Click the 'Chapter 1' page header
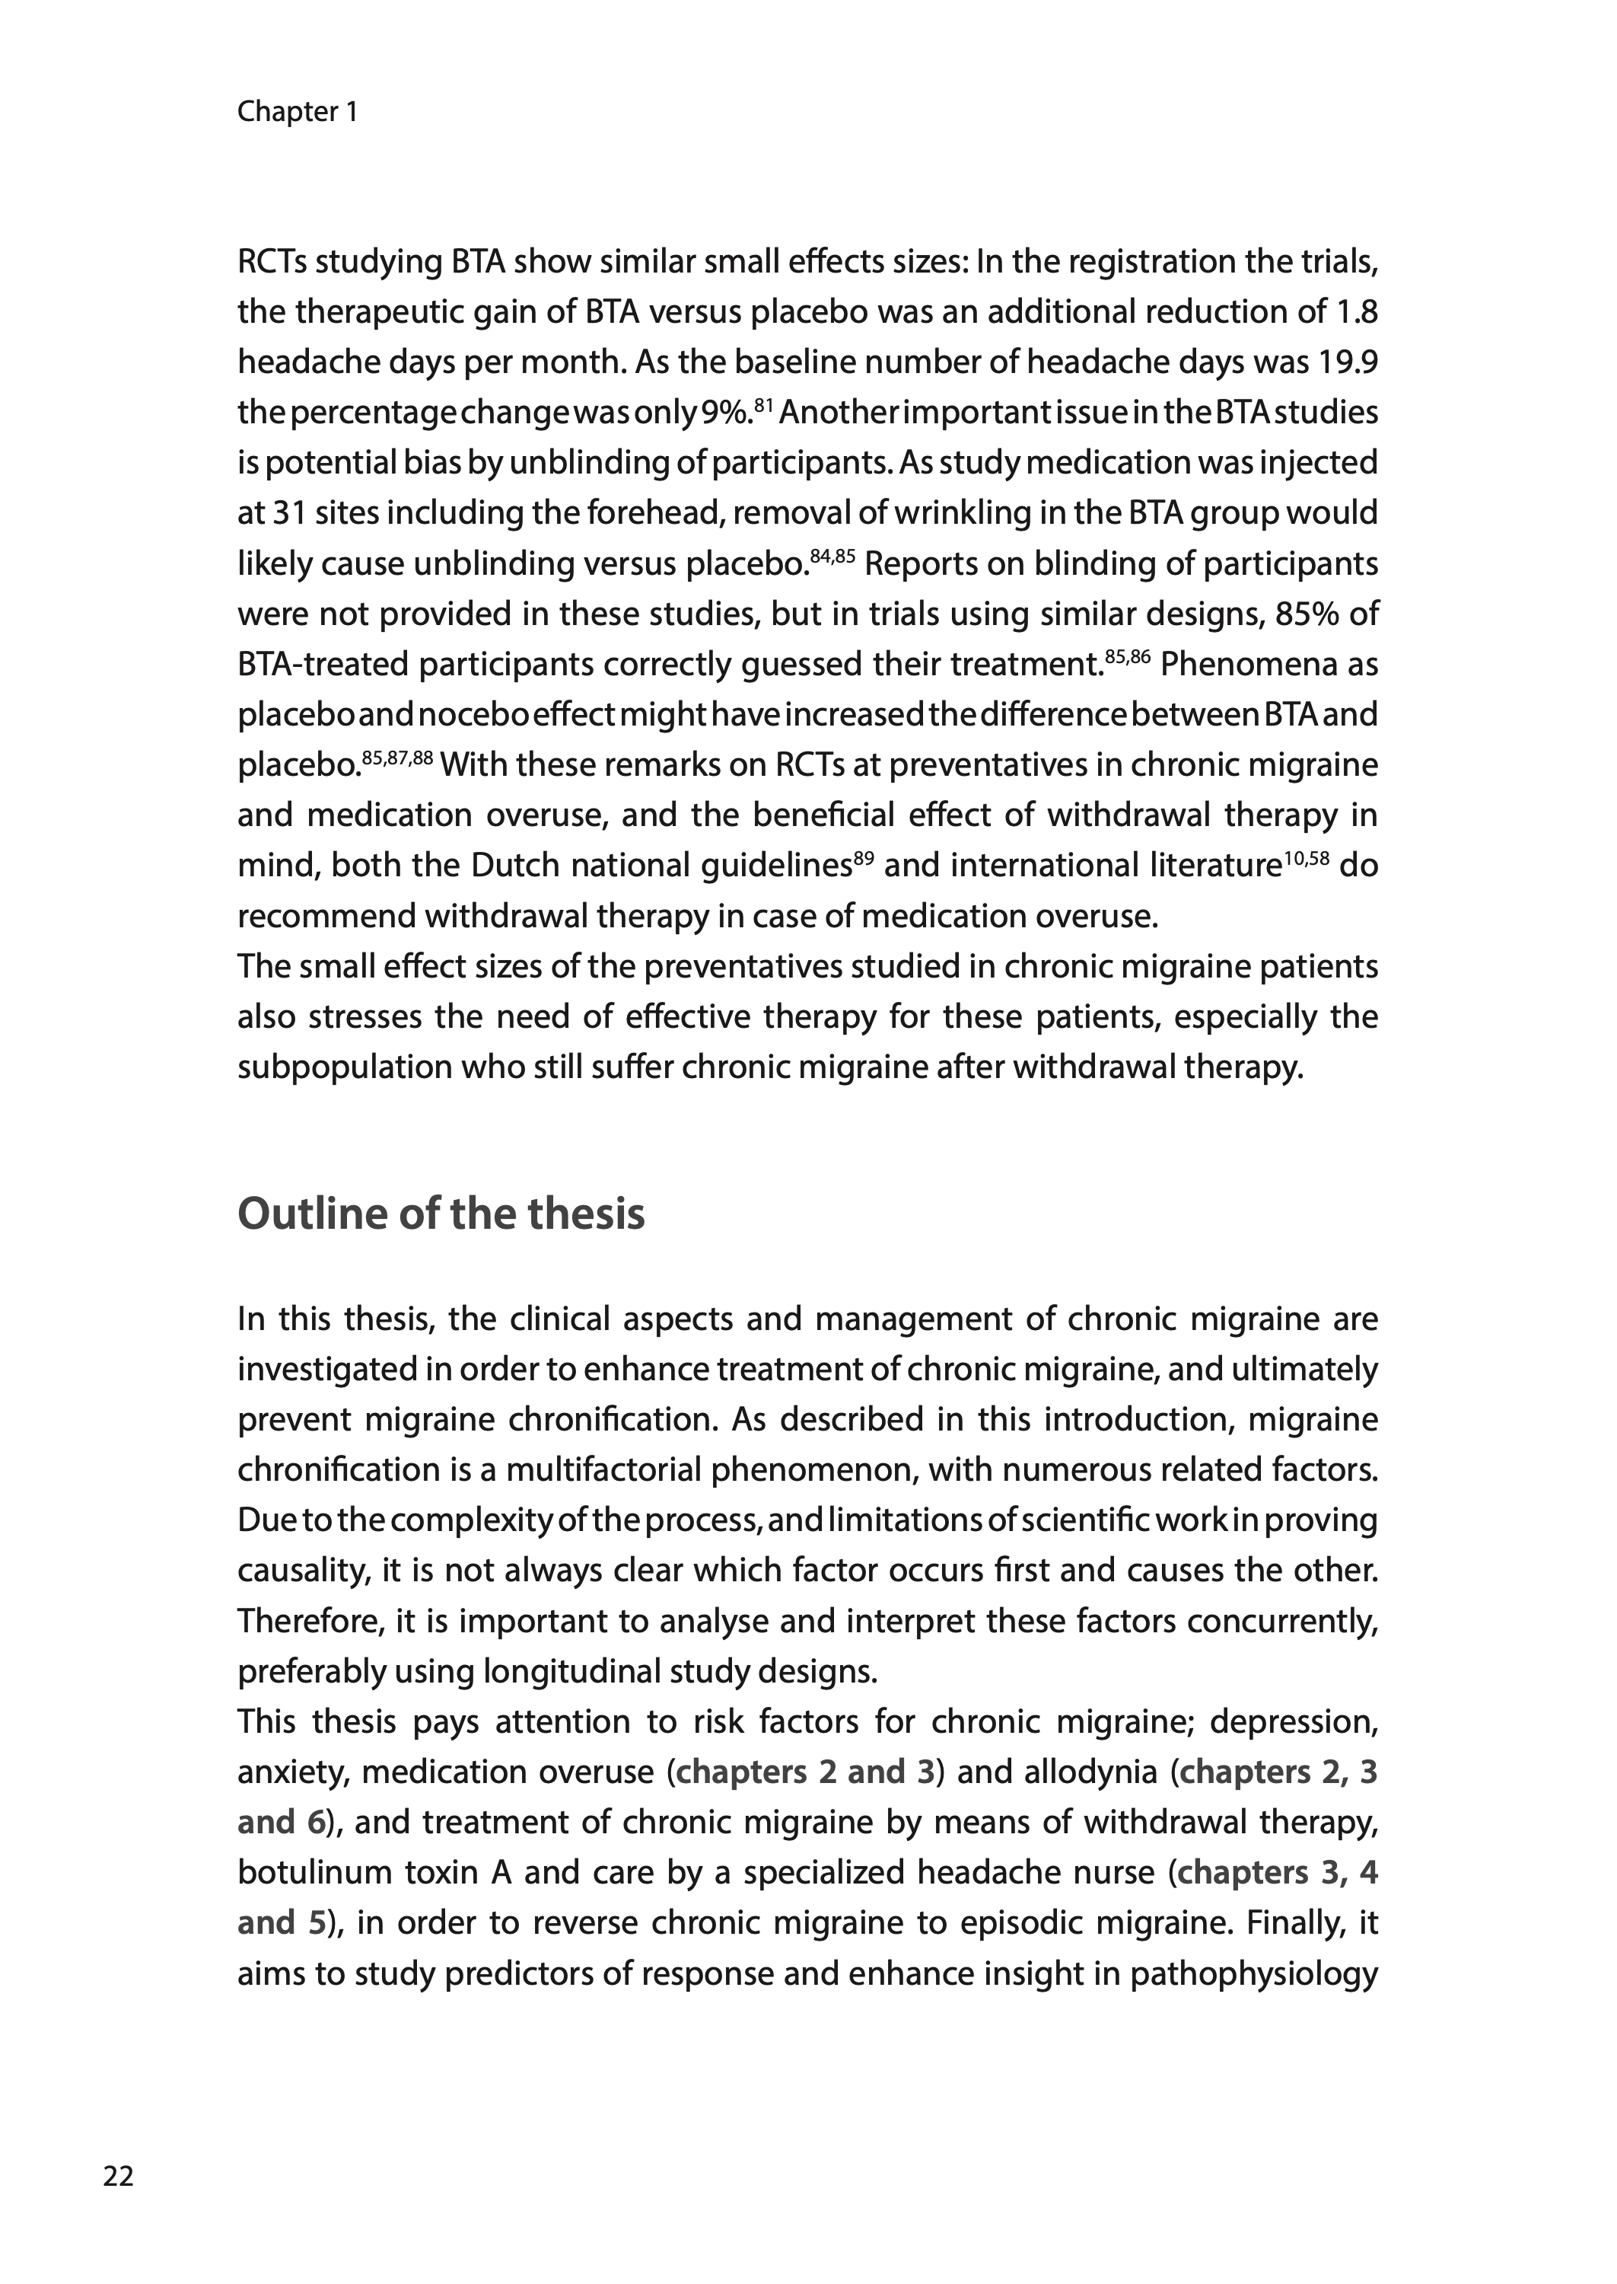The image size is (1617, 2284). [297, 112]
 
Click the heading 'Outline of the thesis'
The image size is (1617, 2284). [441, 1214]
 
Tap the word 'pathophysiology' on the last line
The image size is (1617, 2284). [1253, 1973]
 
